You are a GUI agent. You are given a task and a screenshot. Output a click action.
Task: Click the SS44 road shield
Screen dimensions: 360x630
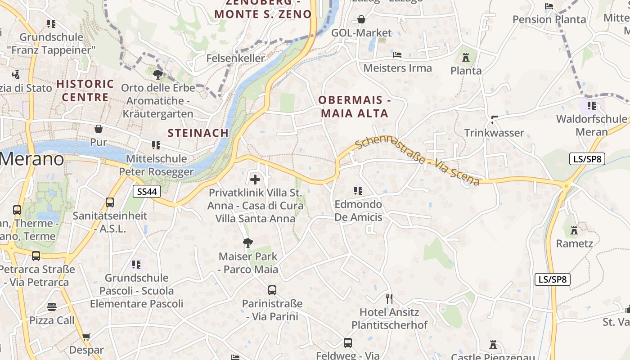click(147, 192)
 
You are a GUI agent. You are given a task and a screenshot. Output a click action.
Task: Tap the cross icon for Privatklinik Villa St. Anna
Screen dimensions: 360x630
click(255, 180)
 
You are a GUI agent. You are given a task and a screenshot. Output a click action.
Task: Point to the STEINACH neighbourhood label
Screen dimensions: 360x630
click(198, 133)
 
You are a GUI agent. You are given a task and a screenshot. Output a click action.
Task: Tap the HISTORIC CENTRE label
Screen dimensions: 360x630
click(85, 90)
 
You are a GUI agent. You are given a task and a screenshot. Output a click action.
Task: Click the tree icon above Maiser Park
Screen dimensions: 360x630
click(247, 243)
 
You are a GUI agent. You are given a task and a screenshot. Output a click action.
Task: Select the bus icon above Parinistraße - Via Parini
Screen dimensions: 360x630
click(272, 290)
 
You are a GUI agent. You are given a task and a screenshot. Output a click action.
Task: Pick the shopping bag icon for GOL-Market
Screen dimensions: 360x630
click(361, 19)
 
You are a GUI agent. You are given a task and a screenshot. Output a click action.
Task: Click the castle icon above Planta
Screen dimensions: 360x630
click(466, 58)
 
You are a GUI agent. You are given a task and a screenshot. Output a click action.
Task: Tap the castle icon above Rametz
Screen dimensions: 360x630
click(574, 230)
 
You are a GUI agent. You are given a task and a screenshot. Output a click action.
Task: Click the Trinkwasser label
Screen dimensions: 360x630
click(494, 133)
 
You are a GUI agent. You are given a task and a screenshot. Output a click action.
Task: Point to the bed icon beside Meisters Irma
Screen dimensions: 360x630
click(397, 55)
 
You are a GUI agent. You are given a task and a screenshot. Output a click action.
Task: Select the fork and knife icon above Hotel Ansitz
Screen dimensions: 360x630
click(389, 298)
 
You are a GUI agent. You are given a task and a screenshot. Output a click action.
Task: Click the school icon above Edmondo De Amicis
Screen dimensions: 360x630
click(358, 191)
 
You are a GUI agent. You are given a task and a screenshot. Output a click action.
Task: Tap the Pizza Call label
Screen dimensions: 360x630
click(52, 320)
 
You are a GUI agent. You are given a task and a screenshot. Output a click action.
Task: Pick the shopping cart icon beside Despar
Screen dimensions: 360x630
click(86, 337)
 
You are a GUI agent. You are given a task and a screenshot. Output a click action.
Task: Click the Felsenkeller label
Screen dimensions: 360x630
click(236, 58)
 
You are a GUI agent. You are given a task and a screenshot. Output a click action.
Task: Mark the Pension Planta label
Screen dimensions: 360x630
click(549, 19)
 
